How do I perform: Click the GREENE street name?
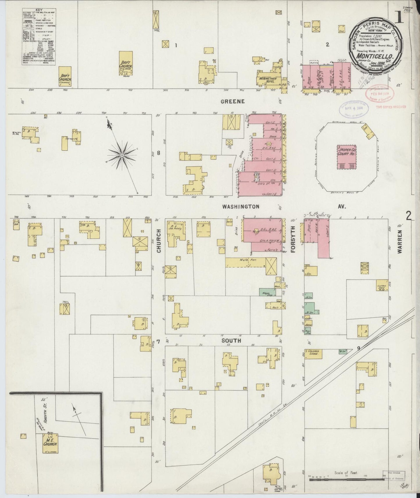pos(232,101)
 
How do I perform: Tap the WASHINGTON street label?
pos(241,207)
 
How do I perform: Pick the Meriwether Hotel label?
pos(268,80)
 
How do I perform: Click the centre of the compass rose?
pos(122,155)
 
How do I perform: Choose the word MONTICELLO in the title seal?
pos(375,55)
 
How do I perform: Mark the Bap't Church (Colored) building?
pos(65,77)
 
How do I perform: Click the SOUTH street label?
pos(231,341)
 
